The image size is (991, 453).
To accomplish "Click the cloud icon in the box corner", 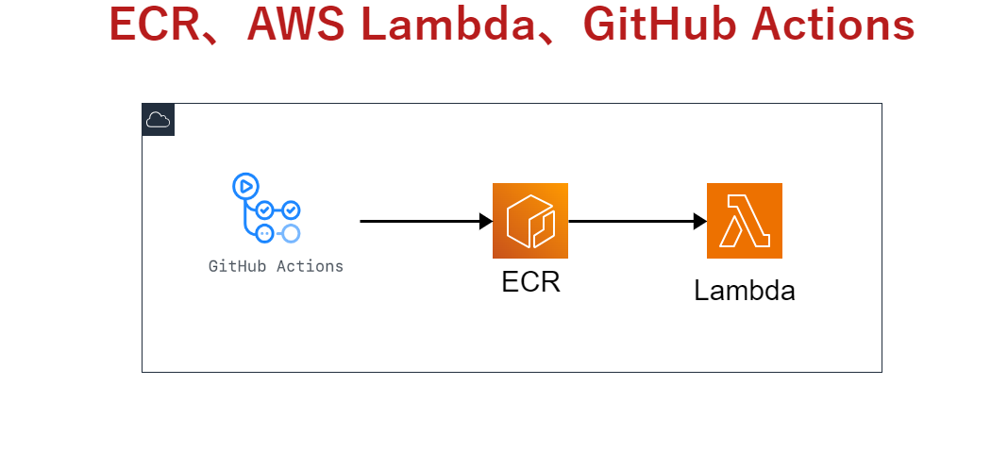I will (159, 120).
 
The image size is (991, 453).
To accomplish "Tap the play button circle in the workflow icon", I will (244, 185).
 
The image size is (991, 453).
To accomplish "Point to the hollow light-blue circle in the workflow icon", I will (291, 232).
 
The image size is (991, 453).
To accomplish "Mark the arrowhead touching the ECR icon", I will (486, 221).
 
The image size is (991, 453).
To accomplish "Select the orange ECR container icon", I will (530, 221).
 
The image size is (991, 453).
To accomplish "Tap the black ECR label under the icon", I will (530, 281).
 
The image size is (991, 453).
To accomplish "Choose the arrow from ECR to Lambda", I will (632, 221).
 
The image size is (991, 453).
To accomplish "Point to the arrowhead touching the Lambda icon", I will (700, 221).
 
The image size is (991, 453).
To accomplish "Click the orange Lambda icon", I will (745, 221).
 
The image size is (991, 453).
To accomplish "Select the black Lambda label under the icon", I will (745, 291).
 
